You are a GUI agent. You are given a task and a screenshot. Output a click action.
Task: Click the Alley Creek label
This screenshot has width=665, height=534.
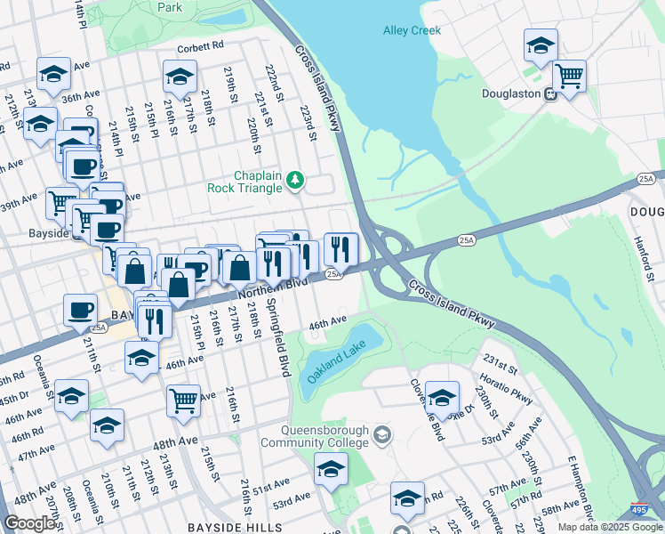click(x=412, y=30)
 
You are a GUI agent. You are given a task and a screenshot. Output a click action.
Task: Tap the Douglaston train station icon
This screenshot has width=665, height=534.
click(x=551, y=93)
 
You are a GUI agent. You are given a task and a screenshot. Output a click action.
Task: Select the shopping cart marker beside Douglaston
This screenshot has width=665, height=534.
click(x=569, y=76)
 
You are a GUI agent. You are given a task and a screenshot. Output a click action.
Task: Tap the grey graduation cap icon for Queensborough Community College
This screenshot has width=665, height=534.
click(x=382, y=435)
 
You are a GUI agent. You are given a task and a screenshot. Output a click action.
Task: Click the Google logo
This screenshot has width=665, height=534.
click(x=30, y=523)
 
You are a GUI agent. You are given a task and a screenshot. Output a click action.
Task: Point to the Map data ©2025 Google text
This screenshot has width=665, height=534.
click(x=610, y=527)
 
